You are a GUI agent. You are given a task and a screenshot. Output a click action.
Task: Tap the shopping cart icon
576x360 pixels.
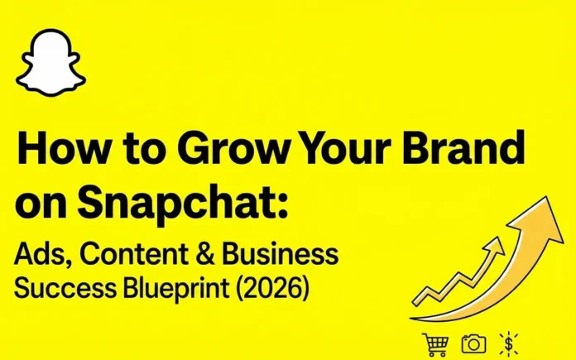[434, 343]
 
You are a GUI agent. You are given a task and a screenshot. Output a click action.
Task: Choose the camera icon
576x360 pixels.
[474, 343]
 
